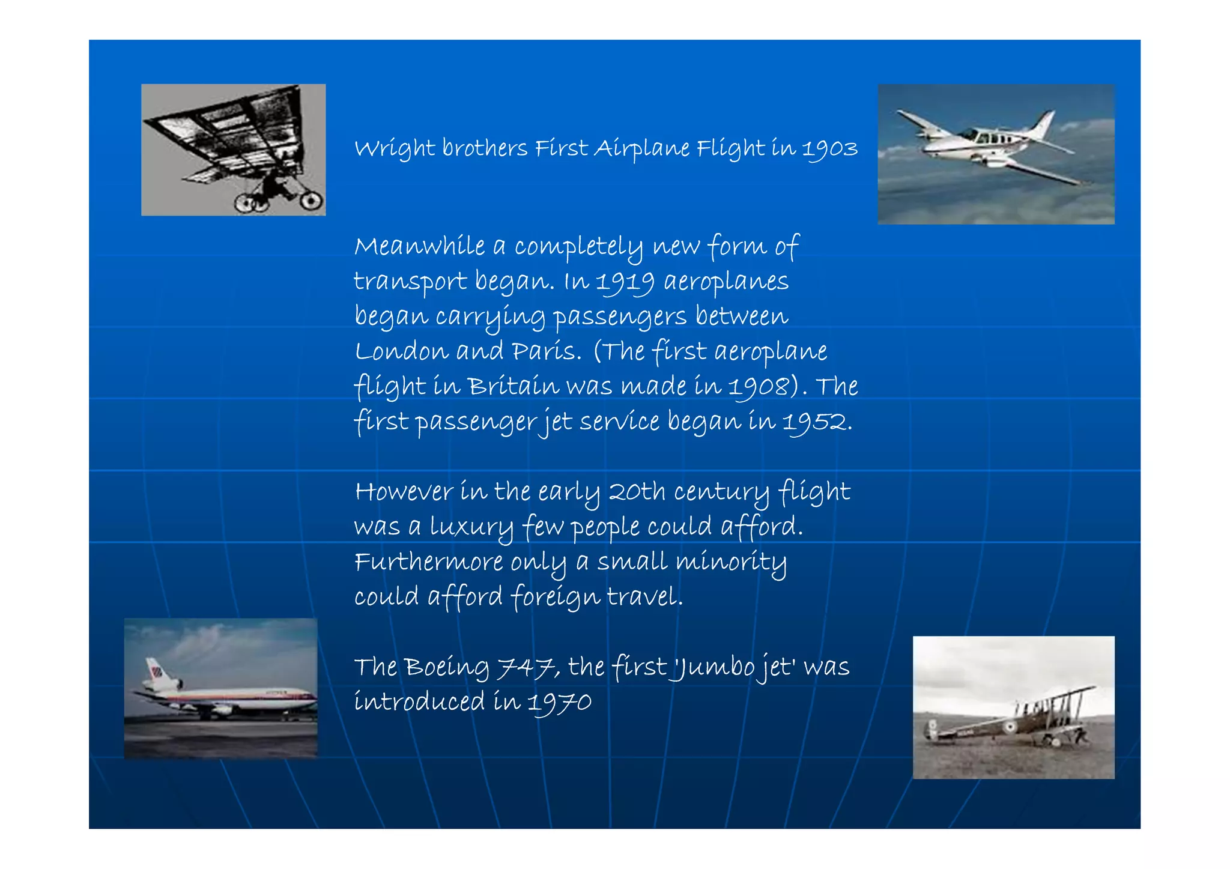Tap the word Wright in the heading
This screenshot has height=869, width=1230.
coord(395,148)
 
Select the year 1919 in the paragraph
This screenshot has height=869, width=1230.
coord(625,282)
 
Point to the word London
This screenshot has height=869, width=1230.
coord(401,351)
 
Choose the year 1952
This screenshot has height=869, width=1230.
coord(814,422)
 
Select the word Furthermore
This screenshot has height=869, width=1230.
coord(429,562)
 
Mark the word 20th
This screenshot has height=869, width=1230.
coord(637,492)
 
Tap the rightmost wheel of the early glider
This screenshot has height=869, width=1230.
coord(311,201)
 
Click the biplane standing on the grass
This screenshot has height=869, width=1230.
coord(1015,721)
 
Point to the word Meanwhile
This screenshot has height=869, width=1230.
coord(420,247)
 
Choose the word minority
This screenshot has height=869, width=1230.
coord(731,562)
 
